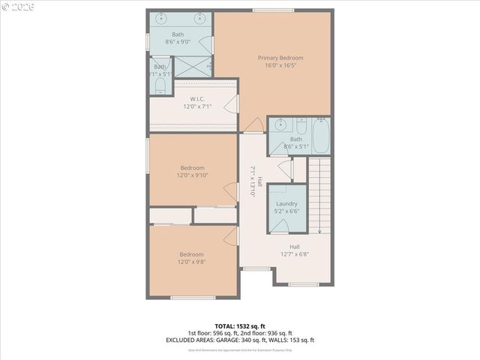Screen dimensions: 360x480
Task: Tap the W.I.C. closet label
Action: pos(197,99)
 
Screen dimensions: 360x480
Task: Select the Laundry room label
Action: pos(286,203)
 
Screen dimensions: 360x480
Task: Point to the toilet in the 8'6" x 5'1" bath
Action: pos(301,125)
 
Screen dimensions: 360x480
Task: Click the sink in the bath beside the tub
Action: pos(278,125)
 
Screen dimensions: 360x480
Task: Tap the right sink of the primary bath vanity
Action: pos(199,17)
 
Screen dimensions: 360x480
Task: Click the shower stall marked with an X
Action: pos(193,66)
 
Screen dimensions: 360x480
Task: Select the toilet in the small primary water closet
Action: pos(159,86)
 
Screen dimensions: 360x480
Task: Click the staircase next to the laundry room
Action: pos(321,194)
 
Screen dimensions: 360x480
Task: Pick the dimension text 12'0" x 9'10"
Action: pos(193,175)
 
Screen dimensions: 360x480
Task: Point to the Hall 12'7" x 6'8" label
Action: pos(295,250)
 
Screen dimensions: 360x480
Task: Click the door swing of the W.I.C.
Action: pos(233,103)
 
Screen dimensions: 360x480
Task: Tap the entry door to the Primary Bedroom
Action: pos(255,124)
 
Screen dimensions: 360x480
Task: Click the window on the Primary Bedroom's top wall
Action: pos(273,10)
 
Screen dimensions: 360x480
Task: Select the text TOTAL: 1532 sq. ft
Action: pos(239,326)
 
